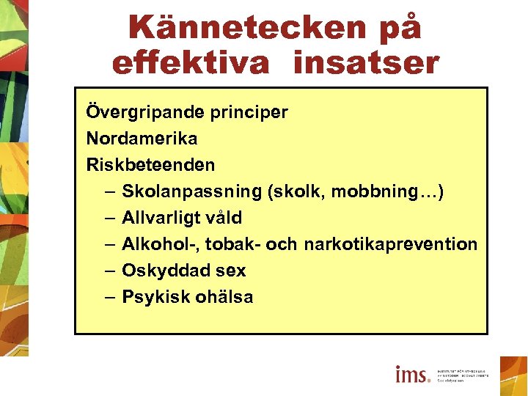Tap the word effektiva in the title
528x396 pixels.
(x=191, y=63)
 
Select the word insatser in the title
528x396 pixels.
(x=365, y=63)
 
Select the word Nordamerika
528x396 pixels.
(x=142, y=139)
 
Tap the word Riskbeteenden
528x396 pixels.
(x=150, y=165)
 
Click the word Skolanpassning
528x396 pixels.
(x=191, y=191)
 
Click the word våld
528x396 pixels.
(x=224, y=218)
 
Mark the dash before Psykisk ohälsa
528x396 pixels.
(x=109, y=297)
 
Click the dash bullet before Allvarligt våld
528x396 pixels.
(x=109, y=218)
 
